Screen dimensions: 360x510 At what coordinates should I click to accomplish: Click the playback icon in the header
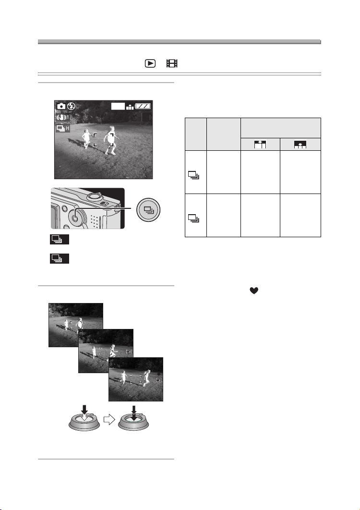[150, 63]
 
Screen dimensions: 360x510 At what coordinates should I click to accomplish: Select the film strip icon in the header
[172, 63]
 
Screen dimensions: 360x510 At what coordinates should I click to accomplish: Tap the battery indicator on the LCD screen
[143, 106]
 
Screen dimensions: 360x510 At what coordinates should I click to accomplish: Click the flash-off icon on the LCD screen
[71, 106]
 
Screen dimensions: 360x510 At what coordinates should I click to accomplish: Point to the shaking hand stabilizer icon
[62, 118]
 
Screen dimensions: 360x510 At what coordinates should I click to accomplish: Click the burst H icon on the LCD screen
[63, 129]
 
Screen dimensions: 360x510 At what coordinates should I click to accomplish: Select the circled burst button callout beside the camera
[148, 209]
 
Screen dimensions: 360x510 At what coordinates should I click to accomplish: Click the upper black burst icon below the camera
[60, 239]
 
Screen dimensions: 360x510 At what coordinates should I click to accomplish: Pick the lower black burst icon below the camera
[60, 258]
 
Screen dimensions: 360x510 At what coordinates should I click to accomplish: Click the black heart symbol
[254, 291]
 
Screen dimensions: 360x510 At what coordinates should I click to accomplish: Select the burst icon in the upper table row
[193, 176]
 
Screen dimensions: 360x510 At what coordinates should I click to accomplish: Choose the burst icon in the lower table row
[193, 218]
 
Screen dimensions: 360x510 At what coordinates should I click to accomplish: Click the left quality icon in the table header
[260, 144]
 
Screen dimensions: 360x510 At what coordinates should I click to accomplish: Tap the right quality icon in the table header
[300, 144]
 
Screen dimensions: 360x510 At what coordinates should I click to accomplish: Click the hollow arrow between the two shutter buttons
[109, 420]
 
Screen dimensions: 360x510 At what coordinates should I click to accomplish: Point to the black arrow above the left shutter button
[84, 410]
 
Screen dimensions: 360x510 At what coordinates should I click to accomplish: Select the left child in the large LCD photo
[86, 138]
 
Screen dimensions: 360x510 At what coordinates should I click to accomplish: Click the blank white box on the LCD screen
[118, 106]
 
